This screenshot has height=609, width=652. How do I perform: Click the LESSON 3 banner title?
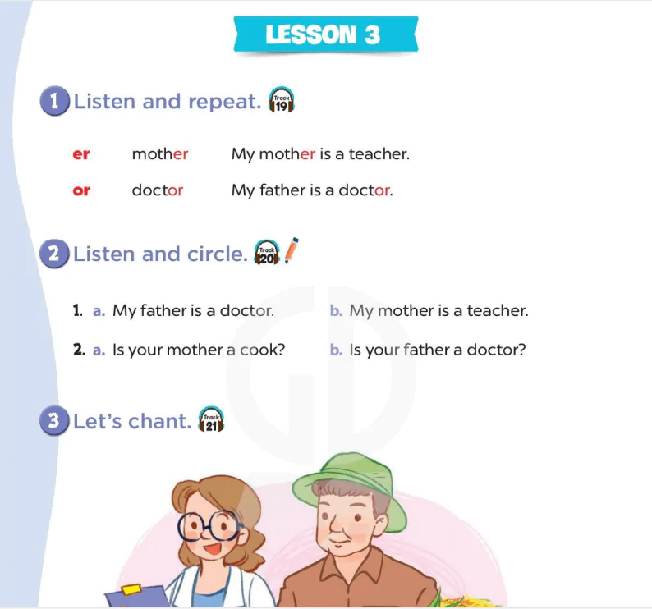click(x=323, y=34)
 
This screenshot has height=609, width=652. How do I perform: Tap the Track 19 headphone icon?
click(x=282, y=100)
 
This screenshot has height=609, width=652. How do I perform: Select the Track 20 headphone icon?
click(x=267, y=252)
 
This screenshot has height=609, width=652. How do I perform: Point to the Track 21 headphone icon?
click(x=211, y=419)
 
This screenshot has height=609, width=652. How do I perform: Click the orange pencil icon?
click(x=292, y=250)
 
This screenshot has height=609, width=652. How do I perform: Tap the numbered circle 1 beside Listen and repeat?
click(x=54, y=101)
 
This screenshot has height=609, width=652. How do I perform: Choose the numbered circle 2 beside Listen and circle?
click(x=54, y=254)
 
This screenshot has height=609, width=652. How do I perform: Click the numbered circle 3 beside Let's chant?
click(x=54, y=420)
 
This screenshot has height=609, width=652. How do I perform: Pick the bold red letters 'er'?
click(x=81, y=154)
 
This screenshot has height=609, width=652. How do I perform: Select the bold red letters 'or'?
click(x=81, y=190)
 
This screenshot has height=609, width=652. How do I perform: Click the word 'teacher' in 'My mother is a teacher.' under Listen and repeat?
click(x=379, y=153)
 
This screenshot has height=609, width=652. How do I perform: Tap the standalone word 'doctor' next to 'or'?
click(x=157, y=190)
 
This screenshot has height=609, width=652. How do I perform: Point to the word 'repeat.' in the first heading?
click(x=224, y=101)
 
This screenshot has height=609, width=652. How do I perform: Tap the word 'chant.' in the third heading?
click(x=159, y=421)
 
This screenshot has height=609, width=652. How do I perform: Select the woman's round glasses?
click(x=209, y=526)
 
